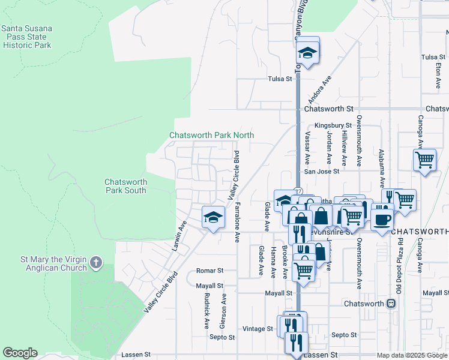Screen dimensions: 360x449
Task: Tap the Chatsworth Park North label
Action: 211,136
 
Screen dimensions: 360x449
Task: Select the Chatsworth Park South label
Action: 125,186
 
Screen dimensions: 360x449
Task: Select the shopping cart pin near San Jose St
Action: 424,160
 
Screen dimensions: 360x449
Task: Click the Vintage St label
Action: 258,329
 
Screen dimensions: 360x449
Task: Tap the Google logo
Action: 20,353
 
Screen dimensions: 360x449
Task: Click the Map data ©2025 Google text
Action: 411,355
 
